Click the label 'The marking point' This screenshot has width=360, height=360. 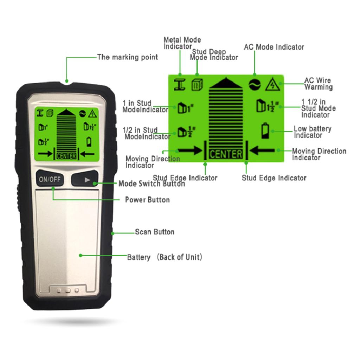(128, 57)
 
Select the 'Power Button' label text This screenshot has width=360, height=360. (147, 200)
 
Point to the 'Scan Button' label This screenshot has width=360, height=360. (155, 232)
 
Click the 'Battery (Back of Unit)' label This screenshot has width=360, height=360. (165, 257)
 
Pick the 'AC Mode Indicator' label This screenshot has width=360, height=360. (274, 47)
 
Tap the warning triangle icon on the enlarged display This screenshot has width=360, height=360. (272, 85)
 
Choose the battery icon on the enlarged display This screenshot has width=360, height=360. (265, 131)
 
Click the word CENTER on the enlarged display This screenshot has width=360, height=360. (226, 154)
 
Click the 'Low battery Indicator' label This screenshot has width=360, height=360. (312, 132)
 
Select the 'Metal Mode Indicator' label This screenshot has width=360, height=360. (182, 43)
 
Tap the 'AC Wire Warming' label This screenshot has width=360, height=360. (318, 84)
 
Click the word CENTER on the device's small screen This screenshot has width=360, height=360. (66, 156)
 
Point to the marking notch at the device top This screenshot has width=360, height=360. (67, 83)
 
